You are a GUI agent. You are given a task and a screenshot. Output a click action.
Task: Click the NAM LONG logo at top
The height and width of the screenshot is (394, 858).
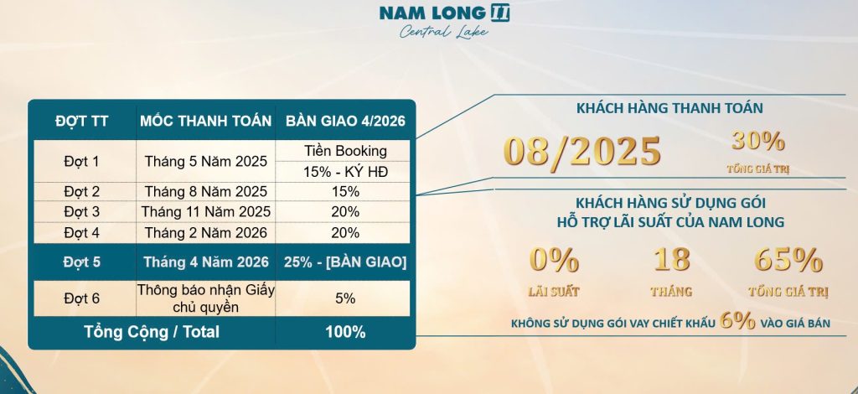[x=444, y=13]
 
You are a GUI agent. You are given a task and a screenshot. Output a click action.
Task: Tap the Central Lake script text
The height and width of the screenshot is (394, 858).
[x=444, y=32]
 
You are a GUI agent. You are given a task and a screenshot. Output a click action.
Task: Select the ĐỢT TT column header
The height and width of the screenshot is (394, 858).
[x=82, y=122]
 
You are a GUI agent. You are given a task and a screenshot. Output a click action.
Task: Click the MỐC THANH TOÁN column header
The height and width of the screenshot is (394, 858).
[x=206, y=122]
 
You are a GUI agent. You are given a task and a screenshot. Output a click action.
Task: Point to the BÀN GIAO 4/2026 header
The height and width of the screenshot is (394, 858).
[x=345, y=122]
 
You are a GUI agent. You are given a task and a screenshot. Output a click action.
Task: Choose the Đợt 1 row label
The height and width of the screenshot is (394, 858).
[x=82, y=162]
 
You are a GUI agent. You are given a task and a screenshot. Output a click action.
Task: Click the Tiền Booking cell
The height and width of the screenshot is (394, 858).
[x=345, y=151]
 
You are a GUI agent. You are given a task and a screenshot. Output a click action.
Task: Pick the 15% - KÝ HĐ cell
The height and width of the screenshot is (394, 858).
[x=345, y=172]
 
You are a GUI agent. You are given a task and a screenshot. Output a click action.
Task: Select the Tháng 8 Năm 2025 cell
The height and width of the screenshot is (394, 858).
[x=206, y=191]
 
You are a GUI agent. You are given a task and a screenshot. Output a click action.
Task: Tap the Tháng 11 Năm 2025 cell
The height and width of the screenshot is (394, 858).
[x=206, y=211]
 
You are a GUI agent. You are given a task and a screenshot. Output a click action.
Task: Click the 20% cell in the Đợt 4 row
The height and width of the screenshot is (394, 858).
[x=345, y=232]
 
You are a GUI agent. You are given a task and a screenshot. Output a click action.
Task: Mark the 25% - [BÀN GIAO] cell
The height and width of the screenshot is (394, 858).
[x=345, y=262]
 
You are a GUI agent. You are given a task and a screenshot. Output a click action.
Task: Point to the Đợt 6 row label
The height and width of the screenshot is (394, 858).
[x=82, y=298]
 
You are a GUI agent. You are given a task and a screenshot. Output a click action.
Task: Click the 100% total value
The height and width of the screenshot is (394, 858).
[x=345, y=332]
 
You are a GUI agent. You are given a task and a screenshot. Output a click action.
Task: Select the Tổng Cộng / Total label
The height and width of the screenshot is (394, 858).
[x=152, y=332]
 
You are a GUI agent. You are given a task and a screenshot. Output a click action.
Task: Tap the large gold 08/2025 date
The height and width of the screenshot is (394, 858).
[x=582, y=151]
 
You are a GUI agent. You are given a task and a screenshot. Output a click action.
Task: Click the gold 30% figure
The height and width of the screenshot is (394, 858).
[x=758, y=142]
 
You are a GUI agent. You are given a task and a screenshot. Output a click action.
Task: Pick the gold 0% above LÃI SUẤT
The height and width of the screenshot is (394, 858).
[x=554, y=260]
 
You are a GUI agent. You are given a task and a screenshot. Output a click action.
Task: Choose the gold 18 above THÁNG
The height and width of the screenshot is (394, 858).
[x=671, y=259]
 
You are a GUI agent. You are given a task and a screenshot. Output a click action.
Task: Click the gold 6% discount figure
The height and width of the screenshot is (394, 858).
[x=737, y=321]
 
